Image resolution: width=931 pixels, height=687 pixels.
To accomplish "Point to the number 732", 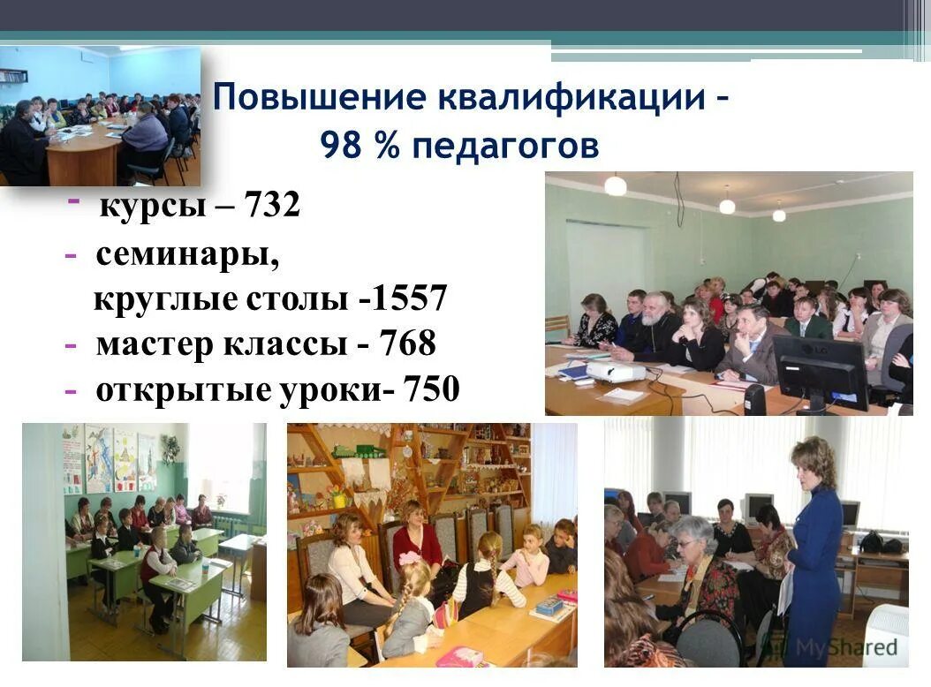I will click(271, 207).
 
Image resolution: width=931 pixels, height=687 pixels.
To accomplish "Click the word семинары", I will click(187, 255).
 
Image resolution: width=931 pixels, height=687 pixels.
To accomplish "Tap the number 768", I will click(408, 344).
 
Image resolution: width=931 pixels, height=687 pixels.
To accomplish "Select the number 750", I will click(430, 389).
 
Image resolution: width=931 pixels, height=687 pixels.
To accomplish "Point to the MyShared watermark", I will click(848, 647).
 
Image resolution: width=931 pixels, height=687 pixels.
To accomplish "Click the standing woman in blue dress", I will click(813, 547).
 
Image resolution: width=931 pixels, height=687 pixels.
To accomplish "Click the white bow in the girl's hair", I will click(409, 558).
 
